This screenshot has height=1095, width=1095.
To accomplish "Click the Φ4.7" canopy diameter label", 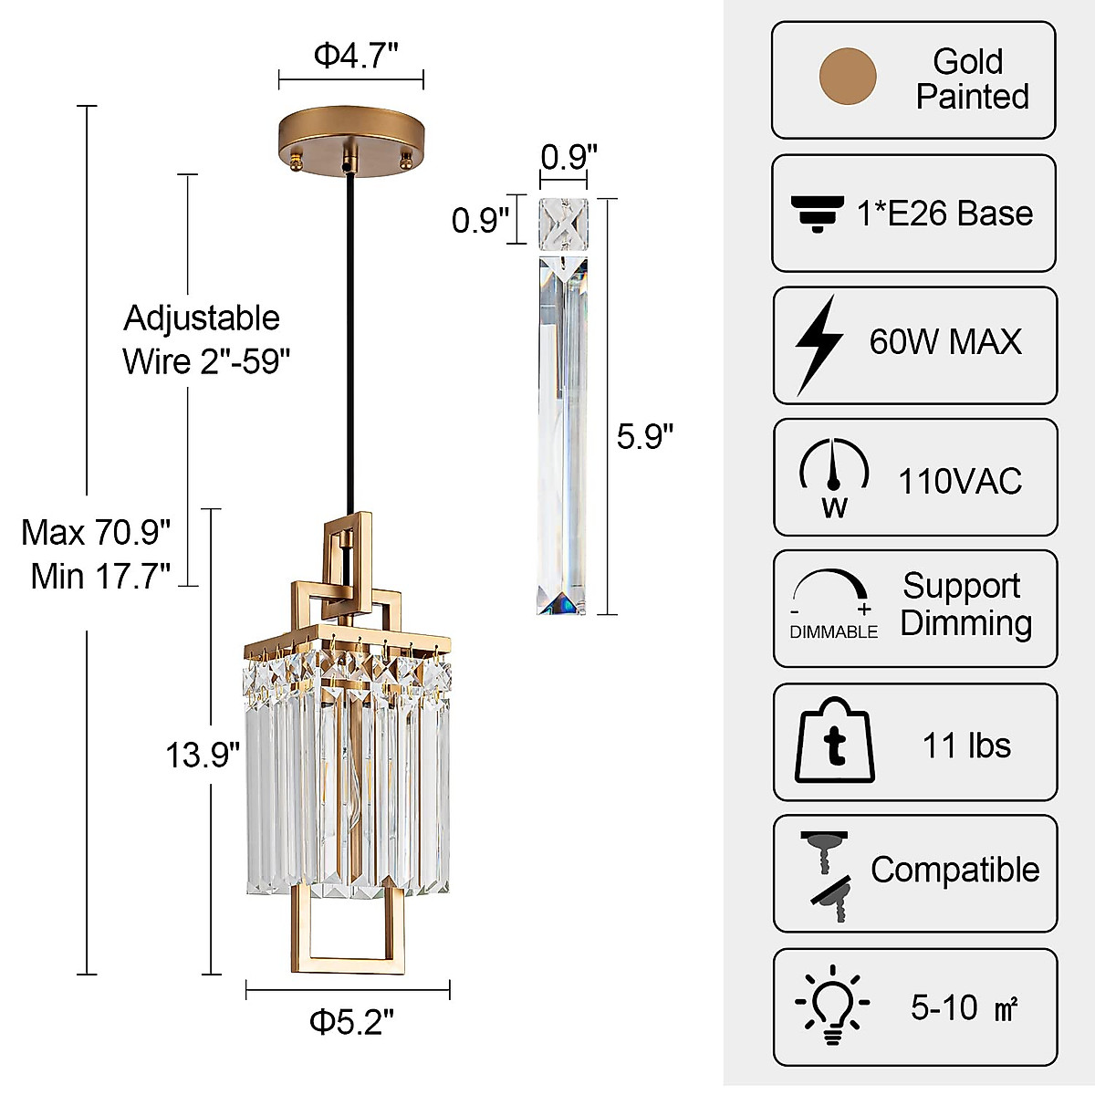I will [x=356, y=56].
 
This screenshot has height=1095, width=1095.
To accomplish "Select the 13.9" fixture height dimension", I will [x=203, y=755].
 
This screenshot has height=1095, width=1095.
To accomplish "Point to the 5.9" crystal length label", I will [x=644, y=436].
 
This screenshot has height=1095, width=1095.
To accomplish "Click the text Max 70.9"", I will [x=97, y=532].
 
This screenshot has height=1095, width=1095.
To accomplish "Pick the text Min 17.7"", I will [x=100, y=576].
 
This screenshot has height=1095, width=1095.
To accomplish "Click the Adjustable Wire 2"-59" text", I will [x=204, y=339].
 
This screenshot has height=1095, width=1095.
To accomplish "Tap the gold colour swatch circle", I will [x=848, y=77].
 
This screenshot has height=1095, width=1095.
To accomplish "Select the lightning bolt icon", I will [x=818, y=344].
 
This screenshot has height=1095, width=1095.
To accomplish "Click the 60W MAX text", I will [x=945, y=341].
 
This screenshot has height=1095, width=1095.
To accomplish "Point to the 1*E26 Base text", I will [x=944, y=214].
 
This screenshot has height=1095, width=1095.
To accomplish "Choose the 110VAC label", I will [x=960, y=481].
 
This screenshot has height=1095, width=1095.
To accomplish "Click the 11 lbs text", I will [x=966, y=746].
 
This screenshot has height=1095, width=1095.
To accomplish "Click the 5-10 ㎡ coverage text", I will [x=964, y=1007].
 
